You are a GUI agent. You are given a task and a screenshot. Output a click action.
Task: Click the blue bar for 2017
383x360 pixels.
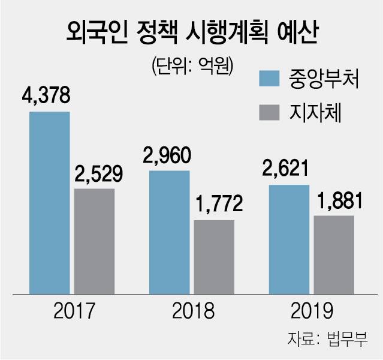50,203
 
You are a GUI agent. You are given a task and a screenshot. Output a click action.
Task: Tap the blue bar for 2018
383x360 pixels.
169,232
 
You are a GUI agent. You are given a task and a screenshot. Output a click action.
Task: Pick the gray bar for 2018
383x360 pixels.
214,257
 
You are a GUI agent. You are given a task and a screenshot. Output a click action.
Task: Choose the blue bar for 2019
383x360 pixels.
289,239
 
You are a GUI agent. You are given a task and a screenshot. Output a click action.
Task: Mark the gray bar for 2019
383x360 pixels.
334,254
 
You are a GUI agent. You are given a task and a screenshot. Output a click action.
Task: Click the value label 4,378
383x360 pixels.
46,97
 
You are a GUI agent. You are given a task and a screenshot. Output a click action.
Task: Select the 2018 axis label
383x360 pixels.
192,311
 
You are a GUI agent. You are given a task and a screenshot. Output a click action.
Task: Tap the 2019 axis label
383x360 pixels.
311,311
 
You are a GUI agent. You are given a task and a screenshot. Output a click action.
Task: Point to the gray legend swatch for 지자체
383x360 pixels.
273,113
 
